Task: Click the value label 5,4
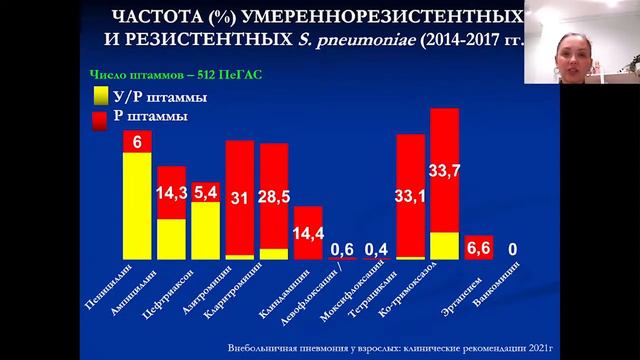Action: (205, 191)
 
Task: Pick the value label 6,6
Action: (478, 247)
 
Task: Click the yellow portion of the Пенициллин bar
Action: (137, 205)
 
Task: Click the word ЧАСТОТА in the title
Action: (155, 19)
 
